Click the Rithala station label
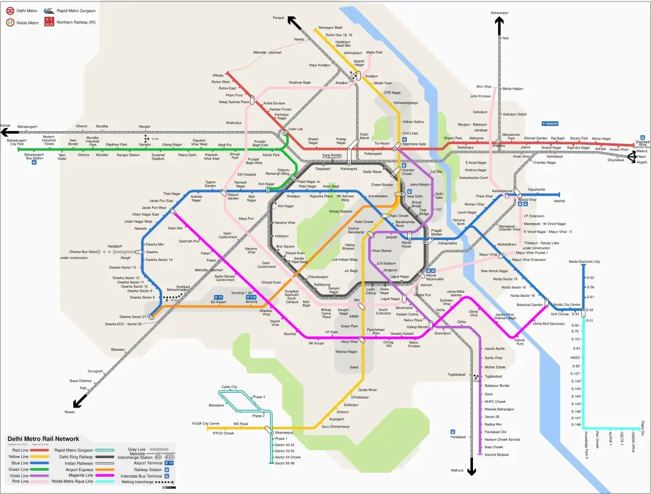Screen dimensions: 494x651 218,76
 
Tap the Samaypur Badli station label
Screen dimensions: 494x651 330,27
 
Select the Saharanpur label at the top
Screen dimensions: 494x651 499,13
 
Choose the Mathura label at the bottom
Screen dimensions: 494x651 457,470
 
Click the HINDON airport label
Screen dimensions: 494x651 550,123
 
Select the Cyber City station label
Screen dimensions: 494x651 229,387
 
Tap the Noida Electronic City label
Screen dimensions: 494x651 584,262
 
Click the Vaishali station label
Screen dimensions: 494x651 559,201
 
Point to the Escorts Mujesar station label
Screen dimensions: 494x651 496,455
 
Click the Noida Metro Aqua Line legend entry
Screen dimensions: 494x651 72,481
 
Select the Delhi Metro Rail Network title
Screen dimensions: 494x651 43,439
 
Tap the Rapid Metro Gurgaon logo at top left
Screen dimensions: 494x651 49,11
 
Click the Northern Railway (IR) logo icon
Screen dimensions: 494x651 49,22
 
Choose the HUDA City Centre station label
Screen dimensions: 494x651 205,423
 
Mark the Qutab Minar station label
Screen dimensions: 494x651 368,390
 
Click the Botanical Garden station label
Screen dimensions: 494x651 529,305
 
